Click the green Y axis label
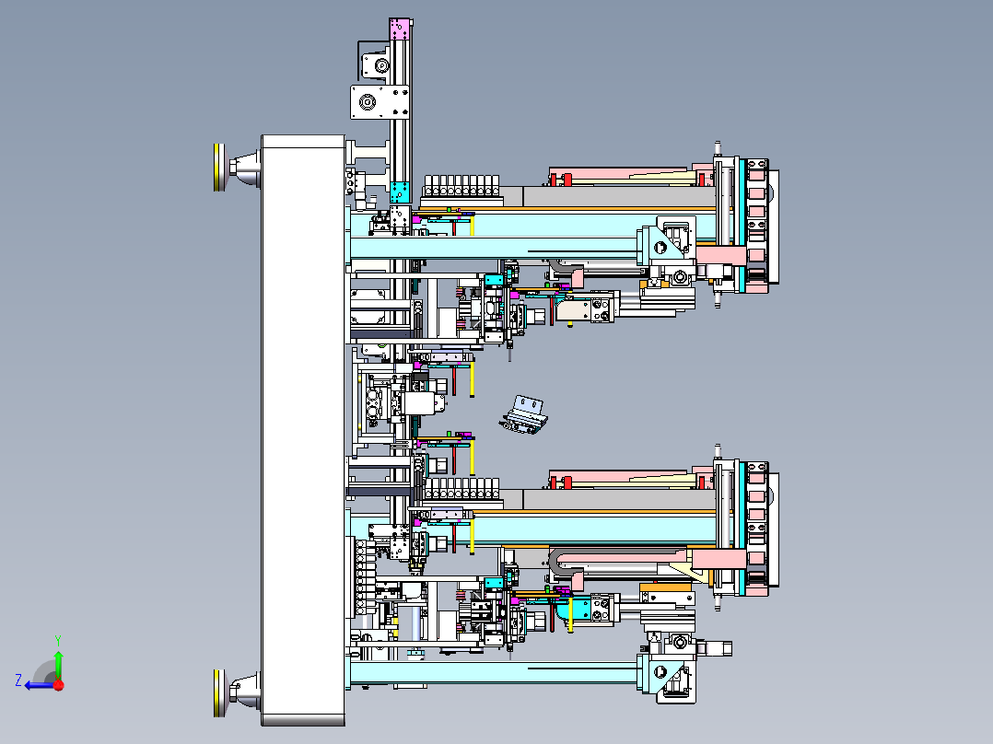pyautogui.click(x=58, y=640)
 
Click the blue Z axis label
pyautogui.click(x=18, y=680)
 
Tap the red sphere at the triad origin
pyautogui.click(x=59, y=684)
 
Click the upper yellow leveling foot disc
pyautogui.click(x=219, y=168)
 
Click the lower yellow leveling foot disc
pyautogui.click(x=219, y=693)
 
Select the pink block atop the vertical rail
pyautogui.click(x=400, y=29)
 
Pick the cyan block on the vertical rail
pyautogui.click(x=400, y=192)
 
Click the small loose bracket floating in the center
pyautogui.click(x=524, y=415)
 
